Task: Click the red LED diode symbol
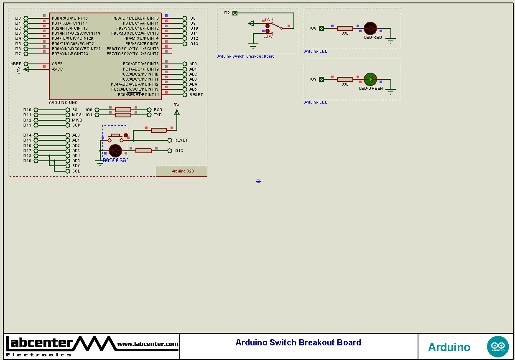point(370,28)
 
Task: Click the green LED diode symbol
point(370,79)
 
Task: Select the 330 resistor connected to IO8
point(345,28)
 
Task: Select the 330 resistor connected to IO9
point(345,79)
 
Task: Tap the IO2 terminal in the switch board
point(235,13)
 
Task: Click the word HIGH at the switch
point(268,20)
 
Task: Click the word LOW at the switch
point(268,36)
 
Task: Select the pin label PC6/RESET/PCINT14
point(138,95)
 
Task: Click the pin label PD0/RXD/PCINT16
point(70,18)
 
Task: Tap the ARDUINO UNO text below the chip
point(63,103)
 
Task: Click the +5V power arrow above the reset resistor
point(176,112)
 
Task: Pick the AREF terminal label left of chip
point(16,64)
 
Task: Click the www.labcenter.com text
point(148,344)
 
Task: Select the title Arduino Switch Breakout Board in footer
point(298,343)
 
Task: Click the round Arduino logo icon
point(497,347)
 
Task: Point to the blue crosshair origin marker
point(258,181)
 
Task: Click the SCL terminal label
point(76,171)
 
